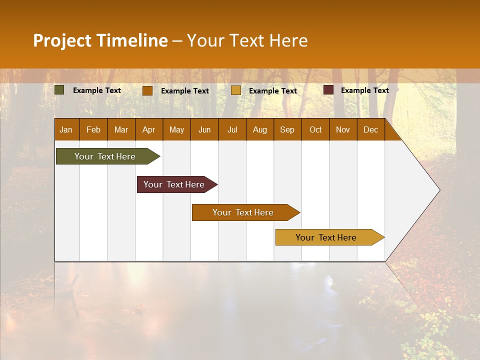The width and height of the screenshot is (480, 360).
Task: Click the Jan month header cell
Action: click(x=66, y=129)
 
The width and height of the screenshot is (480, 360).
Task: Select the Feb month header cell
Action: click(x=93, y=129)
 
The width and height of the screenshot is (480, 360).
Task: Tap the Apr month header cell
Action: click(x=149, y=129)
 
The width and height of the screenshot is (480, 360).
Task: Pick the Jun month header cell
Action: click(x=204, y=129)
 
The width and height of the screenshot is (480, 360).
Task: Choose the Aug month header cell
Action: click(x=260, y=129)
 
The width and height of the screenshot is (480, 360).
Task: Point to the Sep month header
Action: click(x=287, y=129)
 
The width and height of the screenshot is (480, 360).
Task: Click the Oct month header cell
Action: click(x=315, y=129)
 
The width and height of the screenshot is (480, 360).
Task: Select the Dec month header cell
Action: click(x=371, y=129)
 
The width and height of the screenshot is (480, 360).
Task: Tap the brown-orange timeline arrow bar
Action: click(x=243, y=212)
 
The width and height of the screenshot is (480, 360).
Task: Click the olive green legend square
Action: click(x=59, y=90)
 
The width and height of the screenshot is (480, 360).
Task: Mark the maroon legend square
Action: click(x=328, y=90)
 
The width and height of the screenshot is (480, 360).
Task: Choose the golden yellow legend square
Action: click(x=236, y=90)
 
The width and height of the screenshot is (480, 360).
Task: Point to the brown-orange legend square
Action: click(x=147, y=90)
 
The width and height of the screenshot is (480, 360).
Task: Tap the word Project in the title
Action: click(x=62, y=40)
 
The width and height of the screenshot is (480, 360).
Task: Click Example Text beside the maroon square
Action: click(x=364, y=90)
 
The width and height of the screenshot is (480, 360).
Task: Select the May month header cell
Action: click(x=176, y=129)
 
